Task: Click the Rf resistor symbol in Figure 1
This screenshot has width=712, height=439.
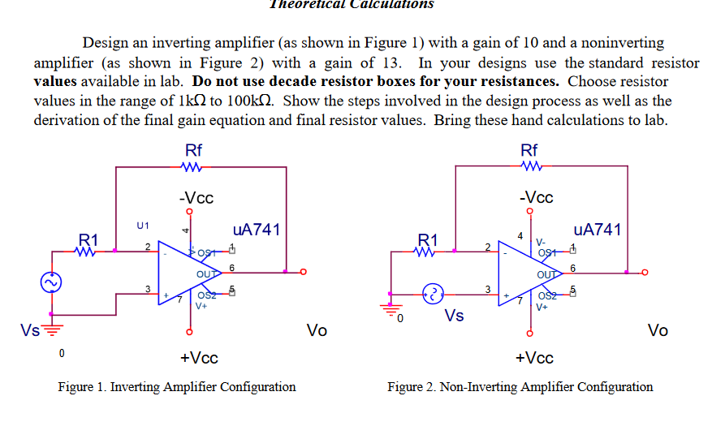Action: [x=193, y=168]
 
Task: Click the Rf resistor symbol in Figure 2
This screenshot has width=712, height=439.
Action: [x=529, y=168]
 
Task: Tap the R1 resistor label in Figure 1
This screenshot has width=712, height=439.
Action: [x=88, y=239]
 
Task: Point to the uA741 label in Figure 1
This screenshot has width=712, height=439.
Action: [x=257, y=230]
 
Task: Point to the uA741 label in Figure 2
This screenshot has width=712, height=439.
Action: [x=597, y=230]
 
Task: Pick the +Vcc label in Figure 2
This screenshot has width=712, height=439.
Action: [x=534, y=358]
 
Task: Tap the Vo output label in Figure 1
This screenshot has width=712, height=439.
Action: [x=317, y=329]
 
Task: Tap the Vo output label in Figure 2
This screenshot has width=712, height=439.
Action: [x=658, y=329]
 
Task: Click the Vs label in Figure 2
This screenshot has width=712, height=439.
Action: [x=454, y=315]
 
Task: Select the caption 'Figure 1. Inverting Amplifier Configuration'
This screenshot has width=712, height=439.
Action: [x=177, y=386]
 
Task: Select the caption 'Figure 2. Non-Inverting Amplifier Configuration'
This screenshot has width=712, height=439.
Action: [x=520, y=386]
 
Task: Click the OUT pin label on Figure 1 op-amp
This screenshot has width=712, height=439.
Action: [x=207, y=274]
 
